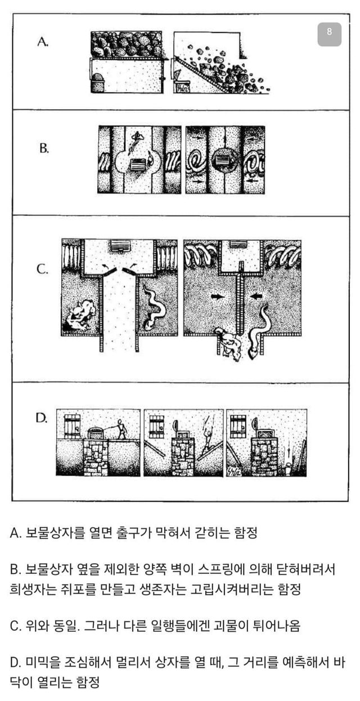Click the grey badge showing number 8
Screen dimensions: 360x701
click(330, 34)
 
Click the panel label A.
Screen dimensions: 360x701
click(43, 42)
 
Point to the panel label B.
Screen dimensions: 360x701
click(44, 148)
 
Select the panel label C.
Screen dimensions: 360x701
click(43, 269)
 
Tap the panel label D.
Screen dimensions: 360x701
click(41, 418)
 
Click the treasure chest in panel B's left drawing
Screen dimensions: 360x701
click(137, 165)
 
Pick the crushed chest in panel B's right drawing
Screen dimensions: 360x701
click(223, 162)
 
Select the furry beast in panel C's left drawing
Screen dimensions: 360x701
click(80, 316)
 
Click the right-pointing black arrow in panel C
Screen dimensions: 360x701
click(218, 296)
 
